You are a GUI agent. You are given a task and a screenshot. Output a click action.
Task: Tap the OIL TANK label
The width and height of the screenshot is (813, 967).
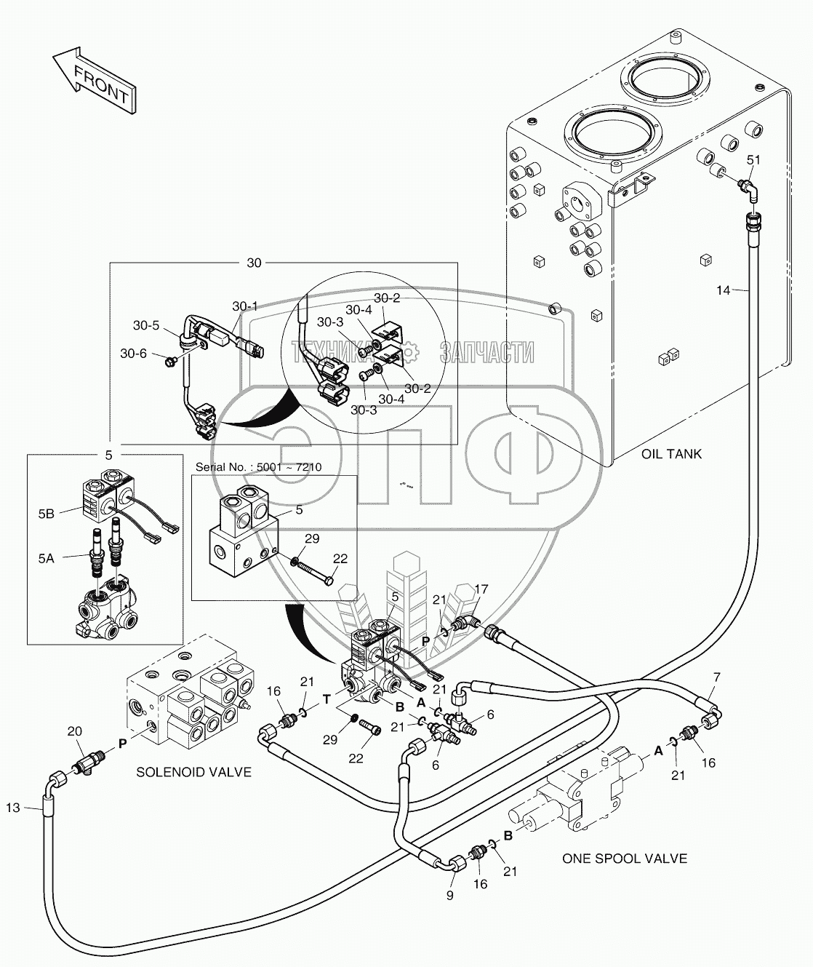coord(671,454)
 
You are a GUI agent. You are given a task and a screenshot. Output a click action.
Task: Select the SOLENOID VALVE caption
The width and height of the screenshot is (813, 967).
coord(193,772)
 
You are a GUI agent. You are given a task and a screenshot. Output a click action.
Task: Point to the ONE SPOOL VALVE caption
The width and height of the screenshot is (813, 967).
coord(624,859)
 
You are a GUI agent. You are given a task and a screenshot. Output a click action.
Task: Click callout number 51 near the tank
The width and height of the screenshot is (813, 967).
coord(753,160)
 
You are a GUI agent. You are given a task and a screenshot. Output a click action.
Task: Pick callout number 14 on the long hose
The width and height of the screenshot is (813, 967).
coord(722,290)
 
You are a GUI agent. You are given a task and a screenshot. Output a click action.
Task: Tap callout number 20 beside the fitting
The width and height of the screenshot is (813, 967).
coord(74,731)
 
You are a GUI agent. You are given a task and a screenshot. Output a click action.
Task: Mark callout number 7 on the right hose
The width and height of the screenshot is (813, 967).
coord(716,677)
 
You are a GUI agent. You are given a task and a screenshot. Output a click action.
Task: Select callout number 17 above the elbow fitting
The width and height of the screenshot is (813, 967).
coord(481,589)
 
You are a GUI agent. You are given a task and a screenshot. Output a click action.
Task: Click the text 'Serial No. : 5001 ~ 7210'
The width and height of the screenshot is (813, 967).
coord(258,466)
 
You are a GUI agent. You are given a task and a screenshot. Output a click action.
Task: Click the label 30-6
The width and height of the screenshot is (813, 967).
coord(133,354)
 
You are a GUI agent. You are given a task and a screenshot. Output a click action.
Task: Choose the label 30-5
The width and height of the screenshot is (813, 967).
coord(145,325)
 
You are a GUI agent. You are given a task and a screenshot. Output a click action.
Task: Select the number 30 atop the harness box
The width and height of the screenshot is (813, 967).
coord(254,263)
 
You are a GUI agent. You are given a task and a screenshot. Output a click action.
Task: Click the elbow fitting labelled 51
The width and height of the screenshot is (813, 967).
coord(748,189)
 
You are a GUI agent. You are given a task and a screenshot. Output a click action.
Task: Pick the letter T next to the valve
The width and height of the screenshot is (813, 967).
coord(327,699)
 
